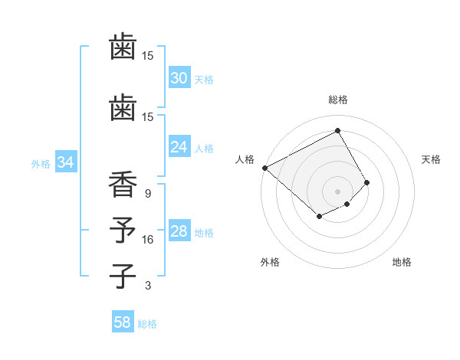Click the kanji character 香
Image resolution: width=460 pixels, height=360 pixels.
pos(123,186)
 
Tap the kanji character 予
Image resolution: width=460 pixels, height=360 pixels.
pos(123,231)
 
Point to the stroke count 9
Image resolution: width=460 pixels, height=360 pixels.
pos(148,194)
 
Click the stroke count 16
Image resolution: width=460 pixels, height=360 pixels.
pos(148,240)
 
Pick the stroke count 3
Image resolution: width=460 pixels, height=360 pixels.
pos(148,286)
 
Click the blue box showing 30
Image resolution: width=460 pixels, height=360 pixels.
pos(179,78)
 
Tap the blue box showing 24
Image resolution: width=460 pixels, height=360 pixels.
pos(179,147)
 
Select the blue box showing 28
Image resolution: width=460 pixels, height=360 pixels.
pos(179,231)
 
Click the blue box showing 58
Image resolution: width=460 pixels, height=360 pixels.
pos(123,322)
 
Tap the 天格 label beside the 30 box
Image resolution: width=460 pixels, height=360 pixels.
pos(204,79)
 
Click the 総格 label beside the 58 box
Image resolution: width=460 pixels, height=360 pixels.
pos(147,324)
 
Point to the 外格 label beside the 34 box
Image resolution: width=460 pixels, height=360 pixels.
pos(41,163)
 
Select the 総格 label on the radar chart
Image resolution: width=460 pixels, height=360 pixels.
pos(337,100)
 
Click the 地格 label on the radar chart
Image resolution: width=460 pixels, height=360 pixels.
pos(402,262)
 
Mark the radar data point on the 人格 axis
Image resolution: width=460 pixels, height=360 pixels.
pos(264,167)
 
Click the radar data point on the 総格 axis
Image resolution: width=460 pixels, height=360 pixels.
pos(337,131)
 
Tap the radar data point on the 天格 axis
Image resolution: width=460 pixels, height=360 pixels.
pos(367,182)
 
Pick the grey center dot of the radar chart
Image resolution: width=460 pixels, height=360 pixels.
pos(337,191)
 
